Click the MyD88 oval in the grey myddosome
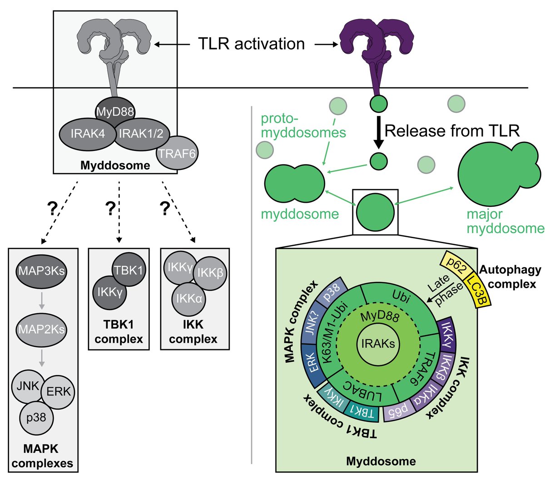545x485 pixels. coord(115,111)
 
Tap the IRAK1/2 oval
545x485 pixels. coord(141,134)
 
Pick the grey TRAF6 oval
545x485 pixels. coord(177,153)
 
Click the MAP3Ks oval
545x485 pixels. coord(41,271)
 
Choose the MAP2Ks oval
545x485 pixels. coord(41,328)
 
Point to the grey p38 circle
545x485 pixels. coord(36,417)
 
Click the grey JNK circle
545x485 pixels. coord(28,387)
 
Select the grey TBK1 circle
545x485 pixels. coord(129,270)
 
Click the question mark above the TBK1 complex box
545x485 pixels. coord(110,208)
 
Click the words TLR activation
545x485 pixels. coord(252,44)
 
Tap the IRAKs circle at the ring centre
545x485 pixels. coord(378,344)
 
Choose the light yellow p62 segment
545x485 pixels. coord(455,266)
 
